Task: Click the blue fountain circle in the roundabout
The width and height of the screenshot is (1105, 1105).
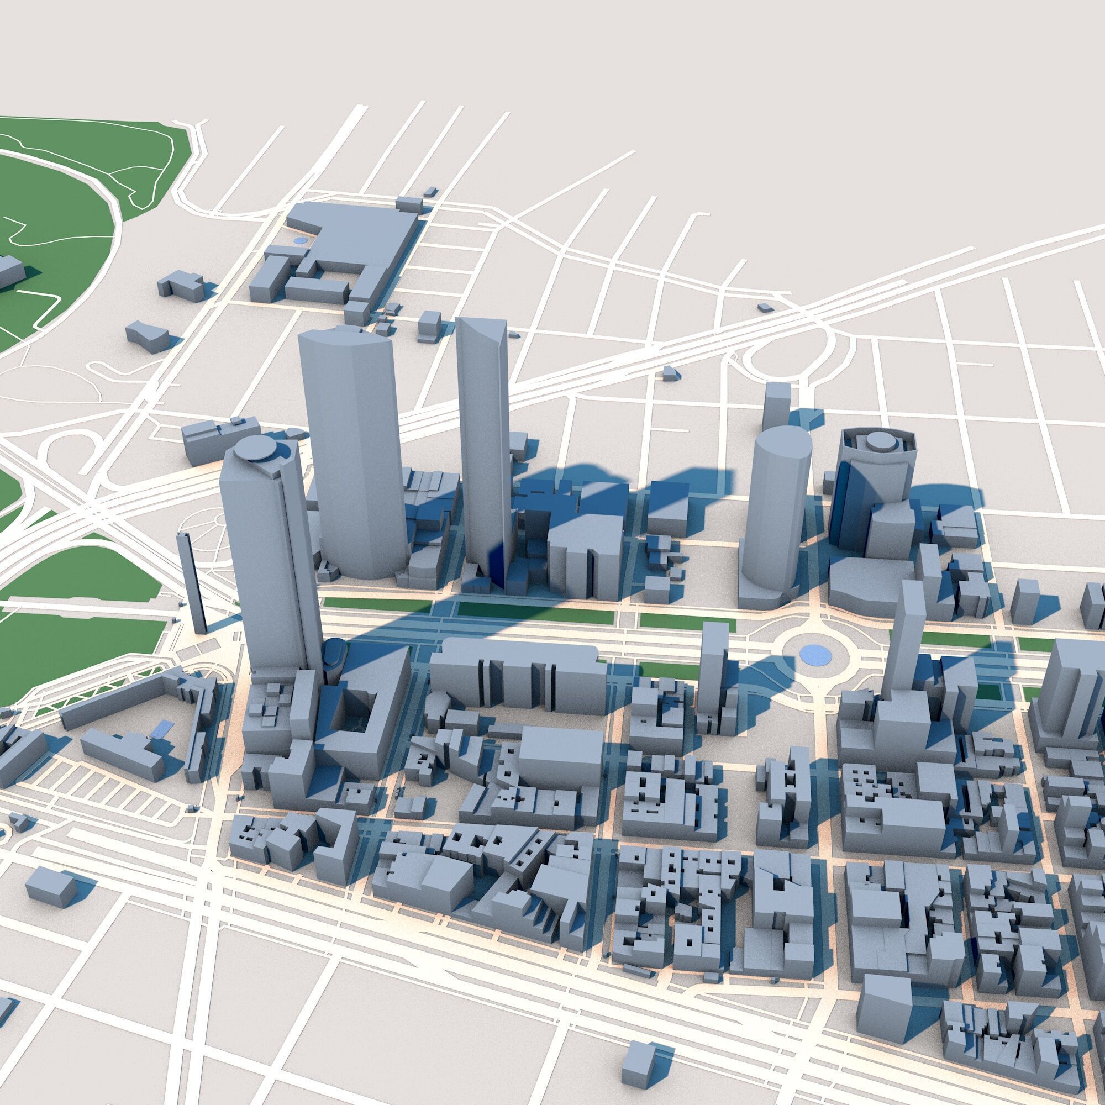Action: tap(815, 654)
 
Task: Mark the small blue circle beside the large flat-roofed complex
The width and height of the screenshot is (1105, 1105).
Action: tap(299, 241)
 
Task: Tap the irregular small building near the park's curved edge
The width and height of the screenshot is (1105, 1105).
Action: tap(148, 336)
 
